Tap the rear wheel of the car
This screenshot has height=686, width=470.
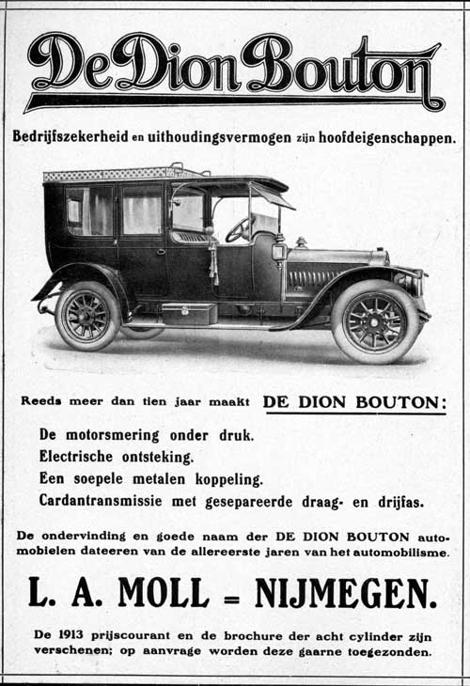point(87,317)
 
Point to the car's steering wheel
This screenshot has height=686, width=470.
point(237,228)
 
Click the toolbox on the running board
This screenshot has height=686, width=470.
point(188,314)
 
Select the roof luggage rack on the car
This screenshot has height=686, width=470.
point(122,174)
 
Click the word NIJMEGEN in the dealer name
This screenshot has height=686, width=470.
point(345,593)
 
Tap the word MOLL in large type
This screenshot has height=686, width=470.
point(164,593)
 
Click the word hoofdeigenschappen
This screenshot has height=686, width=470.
point(385,136)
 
